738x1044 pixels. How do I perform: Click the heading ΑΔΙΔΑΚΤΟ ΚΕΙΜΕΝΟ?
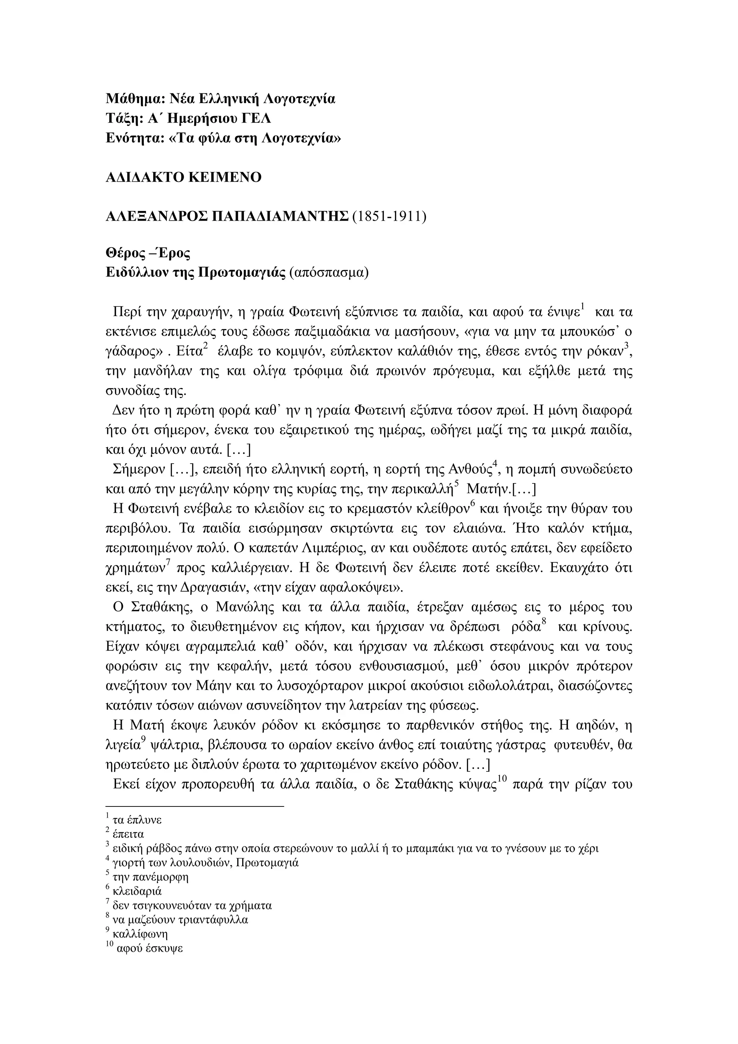pyautogui.click(x=183, y=177)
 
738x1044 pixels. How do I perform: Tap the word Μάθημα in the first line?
pyautogui.click(x=133, y=99)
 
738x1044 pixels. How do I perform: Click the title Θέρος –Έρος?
pyautogui.click(x=148, y=253)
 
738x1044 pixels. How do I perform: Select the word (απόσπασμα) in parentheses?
pyautogui.click(x=329, y=273)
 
